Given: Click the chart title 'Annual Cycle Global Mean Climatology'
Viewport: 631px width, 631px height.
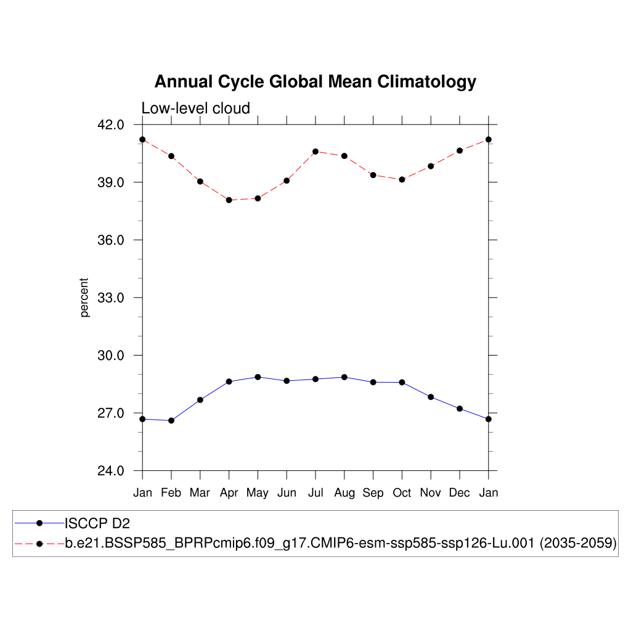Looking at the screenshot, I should [x=315, y=82].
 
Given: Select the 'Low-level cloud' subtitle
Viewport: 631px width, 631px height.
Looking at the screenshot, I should [x=195, y=108].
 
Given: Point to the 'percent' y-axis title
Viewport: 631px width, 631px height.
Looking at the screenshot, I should [x=84, y=298].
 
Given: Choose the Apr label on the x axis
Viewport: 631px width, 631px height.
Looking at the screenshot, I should [x=229, y=493].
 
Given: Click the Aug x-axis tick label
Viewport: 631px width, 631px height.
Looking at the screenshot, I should [x=344, y=493].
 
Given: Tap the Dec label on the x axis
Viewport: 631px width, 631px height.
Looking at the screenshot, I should [x=460, y=493].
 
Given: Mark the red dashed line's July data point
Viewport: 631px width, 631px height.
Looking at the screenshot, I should [x=315, y=152].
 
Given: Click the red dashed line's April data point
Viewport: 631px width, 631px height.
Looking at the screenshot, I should [x=229, y=200].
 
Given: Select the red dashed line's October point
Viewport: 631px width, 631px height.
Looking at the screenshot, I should [x=402, y=179].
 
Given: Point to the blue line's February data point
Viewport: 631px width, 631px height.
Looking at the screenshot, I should [x=171, y=420].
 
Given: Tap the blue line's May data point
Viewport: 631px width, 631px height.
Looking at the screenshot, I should [x=258, y=377].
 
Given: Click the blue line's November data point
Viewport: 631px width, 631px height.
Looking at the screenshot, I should [x=431, y=397].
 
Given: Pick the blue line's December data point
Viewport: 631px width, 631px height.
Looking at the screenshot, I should [x=460, y=409].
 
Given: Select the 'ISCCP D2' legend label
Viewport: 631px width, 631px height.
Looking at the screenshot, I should [x=97, y=524].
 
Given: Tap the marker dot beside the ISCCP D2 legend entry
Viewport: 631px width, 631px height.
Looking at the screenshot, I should [x=39, y=523].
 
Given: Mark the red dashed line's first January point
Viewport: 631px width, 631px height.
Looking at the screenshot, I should [x=142, y=139].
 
